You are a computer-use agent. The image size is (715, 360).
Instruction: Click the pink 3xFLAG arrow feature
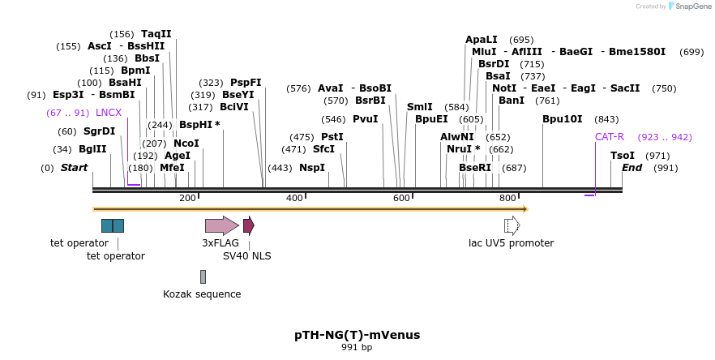click(221, 225)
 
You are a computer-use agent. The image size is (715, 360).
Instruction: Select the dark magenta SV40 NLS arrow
click(248, 225)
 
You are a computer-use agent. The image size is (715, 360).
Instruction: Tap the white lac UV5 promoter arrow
click(512, 225)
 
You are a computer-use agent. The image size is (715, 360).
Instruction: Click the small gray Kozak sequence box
click(203, 276)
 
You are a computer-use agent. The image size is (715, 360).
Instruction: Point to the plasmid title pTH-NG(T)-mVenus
click(357, 334)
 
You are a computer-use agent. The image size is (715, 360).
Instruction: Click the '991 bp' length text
click(357, 348)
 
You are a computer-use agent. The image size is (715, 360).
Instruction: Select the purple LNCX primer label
click(109, 113)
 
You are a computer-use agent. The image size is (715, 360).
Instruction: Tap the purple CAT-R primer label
click(610, 137)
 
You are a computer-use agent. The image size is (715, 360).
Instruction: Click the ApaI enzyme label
click(482, 40)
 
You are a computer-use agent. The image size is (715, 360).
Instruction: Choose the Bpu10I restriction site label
click(563, 119)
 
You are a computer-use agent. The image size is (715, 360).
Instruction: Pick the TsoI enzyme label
click(623, 156)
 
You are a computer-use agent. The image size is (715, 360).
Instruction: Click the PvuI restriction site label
click(366, 119)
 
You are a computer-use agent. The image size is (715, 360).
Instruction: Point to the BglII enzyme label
click(92, 149)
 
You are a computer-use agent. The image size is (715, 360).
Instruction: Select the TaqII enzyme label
click(156, 34)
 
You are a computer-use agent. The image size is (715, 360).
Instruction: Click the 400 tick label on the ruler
click(293, 198)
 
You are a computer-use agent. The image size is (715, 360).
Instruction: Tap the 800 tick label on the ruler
click(507, 198)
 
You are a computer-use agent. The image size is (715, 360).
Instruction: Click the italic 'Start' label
click(74, 168)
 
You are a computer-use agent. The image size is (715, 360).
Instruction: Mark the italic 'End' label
click(632, 168)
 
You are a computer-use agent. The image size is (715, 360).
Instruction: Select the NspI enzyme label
click(312, 168)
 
